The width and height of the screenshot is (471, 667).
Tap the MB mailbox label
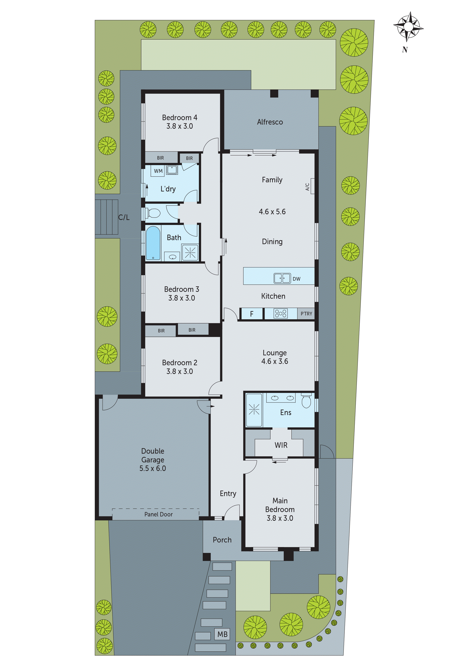pos(222,634)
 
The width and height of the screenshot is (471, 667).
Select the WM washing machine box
pos(158,171)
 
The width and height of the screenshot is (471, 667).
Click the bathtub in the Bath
pos(153,243)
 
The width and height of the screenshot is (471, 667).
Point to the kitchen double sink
pos(282,278)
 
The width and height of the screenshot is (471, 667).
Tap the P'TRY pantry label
pos(306,314)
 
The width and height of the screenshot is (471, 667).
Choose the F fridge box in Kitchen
pos(252,314)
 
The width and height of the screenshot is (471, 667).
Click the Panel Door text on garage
pos(158,514)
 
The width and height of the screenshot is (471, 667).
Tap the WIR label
pos(281,445)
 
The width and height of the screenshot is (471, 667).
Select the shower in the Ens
pos(254,410)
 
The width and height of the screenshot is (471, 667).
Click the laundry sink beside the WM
pos(172,170)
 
